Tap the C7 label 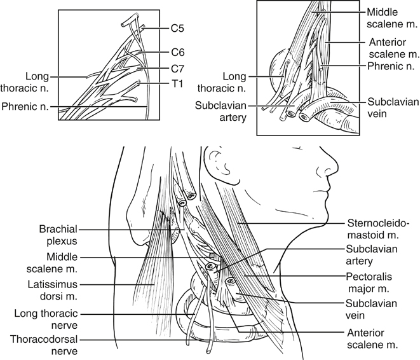177,67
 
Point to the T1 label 176,83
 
